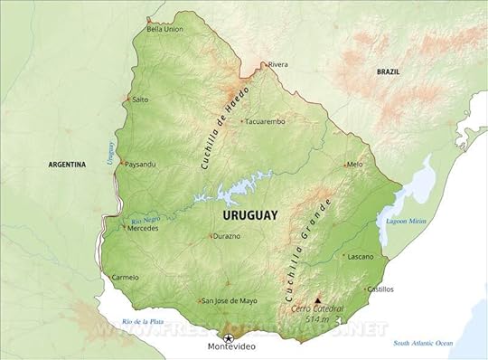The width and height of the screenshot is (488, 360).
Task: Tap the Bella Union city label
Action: (x=164, y=29)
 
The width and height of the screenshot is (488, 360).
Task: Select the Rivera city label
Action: (x=277, y=64)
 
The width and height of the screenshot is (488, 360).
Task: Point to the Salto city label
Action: (x=140, y=99)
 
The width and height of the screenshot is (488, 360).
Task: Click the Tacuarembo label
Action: (x=265, y=120)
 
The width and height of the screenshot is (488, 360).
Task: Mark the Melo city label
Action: (x=355, y=165)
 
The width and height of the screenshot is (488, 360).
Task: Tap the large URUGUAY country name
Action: (x=249, y=215)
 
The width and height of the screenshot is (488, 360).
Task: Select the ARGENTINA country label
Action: (x=67, y=165)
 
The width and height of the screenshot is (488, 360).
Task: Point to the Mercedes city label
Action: (x=143, y=229)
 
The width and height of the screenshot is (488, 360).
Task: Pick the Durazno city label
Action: (x=227, y=236)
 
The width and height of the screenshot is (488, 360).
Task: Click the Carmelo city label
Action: (x=124, y=277)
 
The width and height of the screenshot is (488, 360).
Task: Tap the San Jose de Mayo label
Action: (x=230, y=300)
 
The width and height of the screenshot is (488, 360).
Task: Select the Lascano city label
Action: (x=361, y=257)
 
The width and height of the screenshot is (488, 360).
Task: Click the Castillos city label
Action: (x=380, y=289)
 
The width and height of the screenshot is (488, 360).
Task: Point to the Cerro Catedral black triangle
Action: (x=317, y=298)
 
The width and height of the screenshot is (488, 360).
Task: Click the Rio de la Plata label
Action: (x=145, y=322)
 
